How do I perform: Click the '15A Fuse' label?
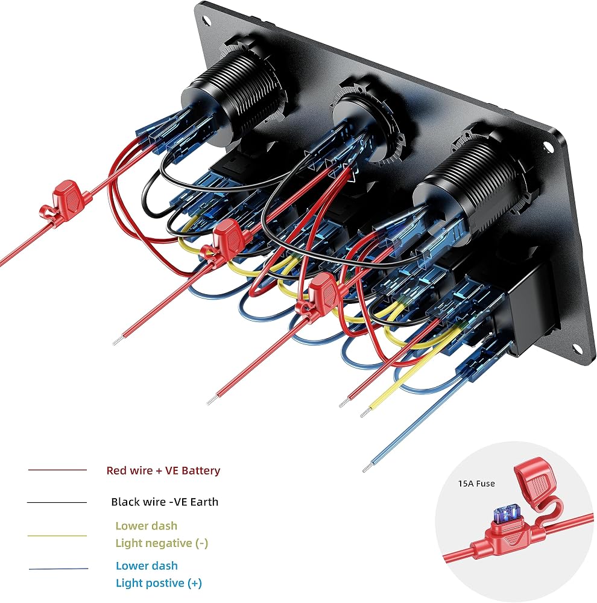coord(476,484)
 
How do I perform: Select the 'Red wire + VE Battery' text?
coord(163,470)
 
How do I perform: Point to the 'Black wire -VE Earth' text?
coord(165,502)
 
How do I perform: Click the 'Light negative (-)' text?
coord(162,543)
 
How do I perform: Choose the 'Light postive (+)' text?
coord(159,583)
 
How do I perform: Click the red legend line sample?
coord(57,470)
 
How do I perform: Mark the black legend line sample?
coord(57,502)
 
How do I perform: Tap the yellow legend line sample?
coord(57,535)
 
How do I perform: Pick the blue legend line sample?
coord(58,569)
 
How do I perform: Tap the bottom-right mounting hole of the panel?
coord(576,349)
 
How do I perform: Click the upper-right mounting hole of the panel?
coord(548,147)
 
